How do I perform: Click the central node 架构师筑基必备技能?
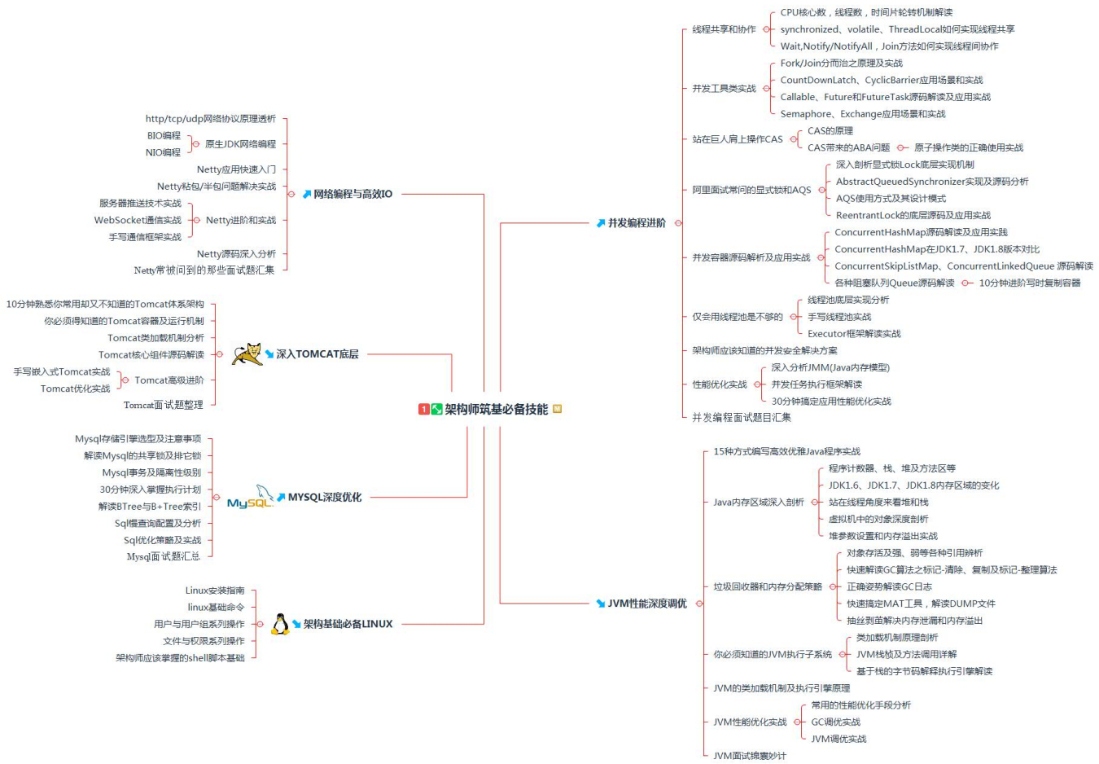(x=496, y=409)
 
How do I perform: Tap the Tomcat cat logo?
(x=247, y=353)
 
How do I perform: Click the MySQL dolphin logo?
(x=251, y=498)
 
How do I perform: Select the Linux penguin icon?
(x=280, y=624)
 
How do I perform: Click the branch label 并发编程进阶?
(x=637, y=222)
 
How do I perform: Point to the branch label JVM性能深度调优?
(x=646, y=604)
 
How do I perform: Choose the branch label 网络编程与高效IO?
(x=352, y=194)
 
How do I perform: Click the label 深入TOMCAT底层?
(x=317, y=354)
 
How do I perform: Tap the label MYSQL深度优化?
(x=324, y=497)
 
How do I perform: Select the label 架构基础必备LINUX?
(x=348, y=624)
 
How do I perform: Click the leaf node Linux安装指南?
(x=215, y=591)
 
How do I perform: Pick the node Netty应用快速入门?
(x=236, y=169)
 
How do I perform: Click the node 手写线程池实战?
(x=839, y=317)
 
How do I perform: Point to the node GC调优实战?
(x=835, y=722)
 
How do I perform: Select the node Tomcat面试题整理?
(x=163, y=405)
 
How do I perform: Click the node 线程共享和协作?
(x=724, y=29)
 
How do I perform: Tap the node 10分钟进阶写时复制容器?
(x=1029, y=283)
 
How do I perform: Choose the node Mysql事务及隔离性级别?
(x=151, y=472)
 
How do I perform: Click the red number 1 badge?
(x=424, y=409)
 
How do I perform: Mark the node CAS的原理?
(x=830, y=130)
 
